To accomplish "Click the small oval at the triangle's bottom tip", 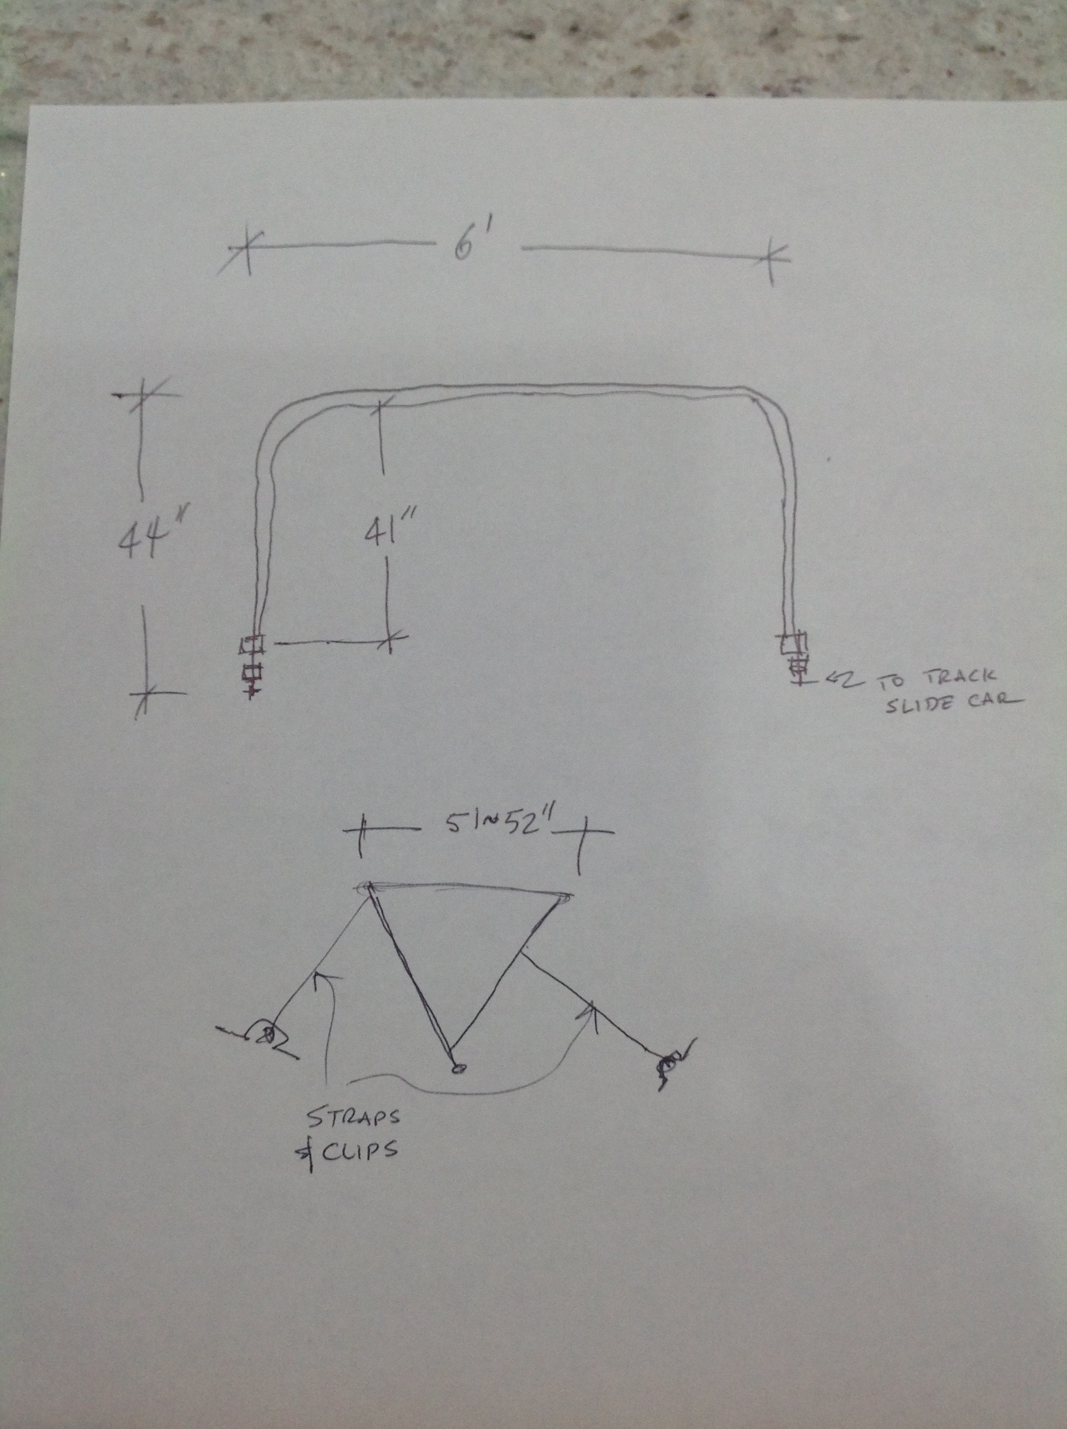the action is tap(458, 1069).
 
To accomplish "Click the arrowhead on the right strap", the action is tap(589, 1008).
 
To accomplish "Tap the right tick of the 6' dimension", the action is tap(770, 259).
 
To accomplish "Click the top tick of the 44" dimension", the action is tap(141, 395).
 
